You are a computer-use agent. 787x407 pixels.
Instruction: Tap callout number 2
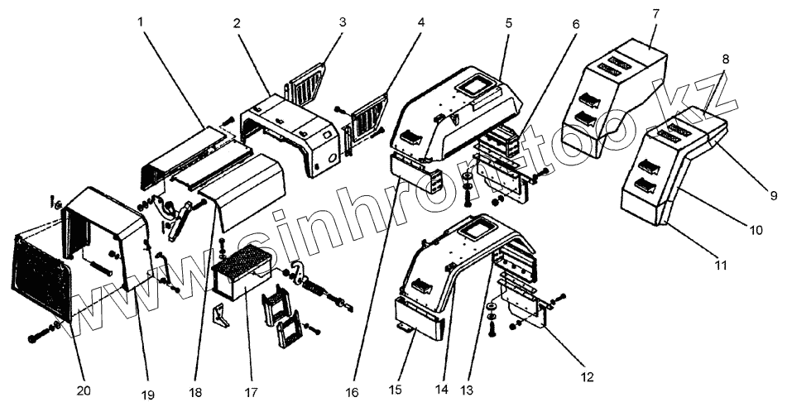[x=237, y=22]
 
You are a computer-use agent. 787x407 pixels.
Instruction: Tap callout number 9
[x=775, y=195]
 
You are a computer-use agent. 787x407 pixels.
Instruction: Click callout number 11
[x=720, y=266]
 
